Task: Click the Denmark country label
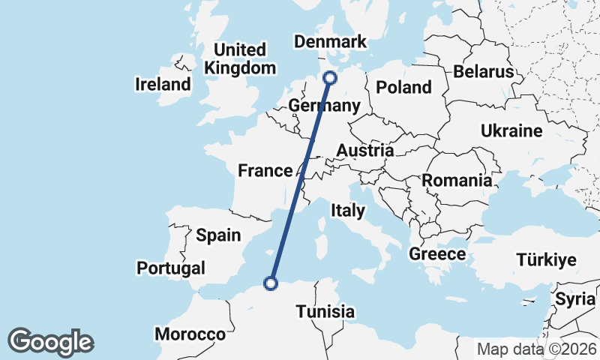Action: pos(330,42)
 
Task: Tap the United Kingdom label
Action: pos(240,59)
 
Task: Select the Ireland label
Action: pos(163,84)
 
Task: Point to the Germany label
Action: pos(324,105)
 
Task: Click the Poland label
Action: pos(403,87)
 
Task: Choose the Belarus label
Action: pos(483,72)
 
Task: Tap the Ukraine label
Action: pos(511,131)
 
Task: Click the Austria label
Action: pos(364,151)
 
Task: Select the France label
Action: pos(265,171)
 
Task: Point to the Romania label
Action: pos(457,180)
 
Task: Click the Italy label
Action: pos(348,211)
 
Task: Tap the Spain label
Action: pos(218,235)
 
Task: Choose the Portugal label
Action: pos(171,268)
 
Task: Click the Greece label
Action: pos(437,254)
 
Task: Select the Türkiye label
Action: pos(546,260)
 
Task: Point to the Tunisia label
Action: pos(325,311)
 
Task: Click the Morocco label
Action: pos(190,334)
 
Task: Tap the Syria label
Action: pos(574,298)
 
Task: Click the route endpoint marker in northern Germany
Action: pos(329,77)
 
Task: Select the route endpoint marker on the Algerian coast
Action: pos(271,283)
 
